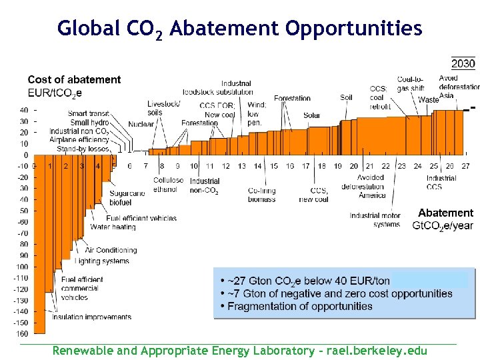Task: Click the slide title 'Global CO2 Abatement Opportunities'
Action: (239, 29)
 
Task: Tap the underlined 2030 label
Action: (463, 64)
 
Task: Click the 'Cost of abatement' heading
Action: (74, 80)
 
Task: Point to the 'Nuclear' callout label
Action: (141, 124)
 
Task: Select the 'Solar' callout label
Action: (311, 115)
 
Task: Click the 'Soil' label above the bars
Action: (346, 98)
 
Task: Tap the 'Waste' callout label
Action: (429, 100)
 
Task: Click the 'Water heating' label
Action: (113, 227)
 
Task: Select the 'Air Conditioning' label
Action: (111, 250)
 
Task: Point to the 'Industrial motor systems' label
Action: (375, 220)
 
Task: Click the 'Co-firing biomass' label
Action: (261, 195)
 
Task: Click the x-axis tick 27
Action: (465, 166)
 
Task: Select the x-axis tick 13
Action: (242, 166)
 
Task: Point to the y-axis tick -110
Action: (23, 278)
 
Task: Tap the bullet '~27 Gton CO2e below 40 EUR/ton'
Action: (309, 281)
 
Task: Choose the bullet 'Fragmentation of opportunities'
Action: (300, 306)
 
